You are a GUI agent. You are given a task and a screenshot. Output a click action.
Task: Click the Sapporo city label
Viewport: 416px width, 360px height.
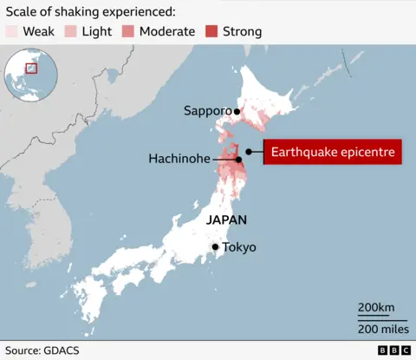coord(207,111)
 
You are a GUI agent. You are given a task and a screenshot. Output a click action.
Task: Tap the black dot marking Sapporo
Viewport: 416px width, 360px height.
coord(236,111)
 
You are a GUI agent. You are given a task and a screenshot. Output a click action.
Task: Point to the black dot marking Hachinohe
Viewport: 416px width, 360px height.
coord(238,159)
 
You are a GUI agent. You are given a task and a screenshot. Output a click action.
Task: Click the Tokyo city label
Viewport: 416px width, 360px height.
coord(239,247)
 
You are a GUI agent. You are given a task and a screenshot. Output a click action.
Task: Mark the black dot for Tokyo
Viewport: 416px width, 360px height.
coord(216,247)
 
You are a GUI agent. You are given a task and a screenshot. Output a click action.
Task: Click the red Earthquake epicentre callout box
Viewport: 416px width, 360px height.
coord(334,153)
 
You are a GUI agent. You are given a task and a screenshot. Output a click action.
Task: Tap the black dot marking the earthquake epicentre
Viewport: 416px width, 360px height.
coord(249,152)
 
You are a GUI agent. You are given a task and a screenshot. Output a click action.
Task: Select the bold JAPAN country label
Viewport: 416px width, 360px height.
coord(226,220)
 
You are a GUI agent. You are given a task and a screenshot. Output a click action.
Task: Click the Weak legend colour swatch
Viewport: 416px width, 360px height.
coord(11,32)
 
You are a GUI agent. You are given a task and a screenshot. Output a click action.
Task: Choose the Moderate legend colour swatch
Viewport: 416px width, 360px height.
coord(127,32)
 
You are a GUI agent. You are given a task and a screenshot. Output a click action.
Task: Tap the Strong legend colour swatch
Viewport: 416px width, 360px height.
coord(211,32)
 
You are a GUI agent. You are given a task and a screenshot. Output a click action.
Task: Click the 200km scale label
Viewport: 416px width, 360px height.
coord(376,308)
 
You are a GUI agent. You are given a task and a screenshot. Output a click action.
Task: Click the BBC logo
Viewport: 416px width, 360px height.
coord(393,350)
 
